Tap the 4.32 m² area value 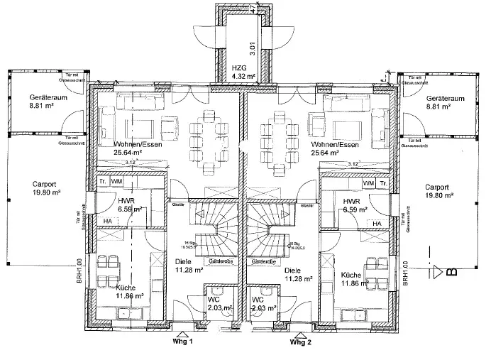coord(243,75)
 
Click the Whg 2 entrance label coord(301,342)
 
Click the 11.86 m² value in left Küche coord(130,296)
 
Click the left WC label coord(212,299)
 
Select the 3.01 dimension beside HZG coord(253,48)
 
